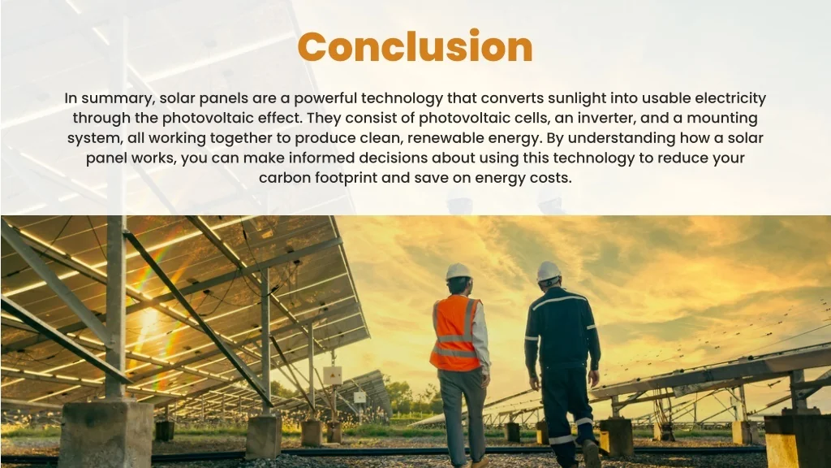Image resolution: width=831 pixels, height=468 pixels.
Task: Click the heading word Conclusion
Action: [415, 47]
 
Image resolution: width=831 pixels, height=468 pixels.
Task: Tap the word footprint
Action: [344, 177]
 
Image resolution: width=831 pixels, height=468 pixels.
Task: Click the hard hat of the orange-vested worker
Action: [459, 271]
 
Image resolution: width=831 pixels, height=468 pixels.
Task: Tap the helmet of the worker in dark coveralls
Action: [549, 271]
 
